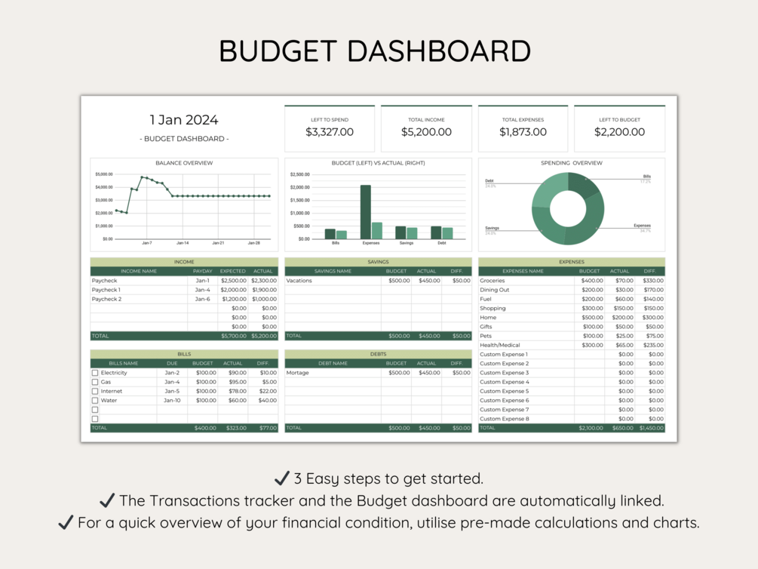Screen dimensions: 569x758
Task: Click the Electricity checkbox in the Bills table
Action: (95, 373)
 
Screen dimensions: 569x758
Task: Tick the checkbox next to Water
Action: (95, 401)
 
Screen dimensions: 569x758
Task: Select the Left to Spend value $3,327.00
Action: (330, 132)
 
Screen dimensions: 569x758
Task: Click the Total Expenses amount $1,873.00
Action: (523, 132)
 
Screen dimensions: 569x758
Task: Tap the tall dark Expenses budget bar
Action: (365, 212)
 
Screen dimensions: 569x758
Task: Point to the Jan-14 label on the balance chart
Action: (183, 243)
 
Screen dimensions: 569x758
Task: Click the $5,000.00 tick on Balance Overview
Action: (104, 174)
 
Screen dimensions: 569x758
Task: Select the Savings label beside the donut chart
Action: (492, 228)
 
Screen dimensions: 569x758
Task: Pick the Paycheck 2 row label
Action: (106, 299)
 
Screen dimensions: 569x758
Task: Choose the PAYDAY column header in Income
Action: (202, 271)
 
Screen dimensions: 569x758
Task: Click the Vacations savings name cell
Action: (299, 281)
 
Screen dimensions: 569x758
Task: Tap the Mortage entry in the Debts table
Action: (298, 373)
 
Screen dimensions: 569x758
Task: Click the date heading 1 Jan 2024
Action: (184, 120)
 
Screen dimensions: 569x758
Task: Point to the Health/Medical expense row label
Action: (500, 345)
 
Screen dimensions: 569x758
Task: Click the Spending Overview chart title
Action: (571, 163)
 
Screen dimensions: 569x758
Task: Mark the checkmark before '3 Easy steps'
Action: (281, 478)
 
